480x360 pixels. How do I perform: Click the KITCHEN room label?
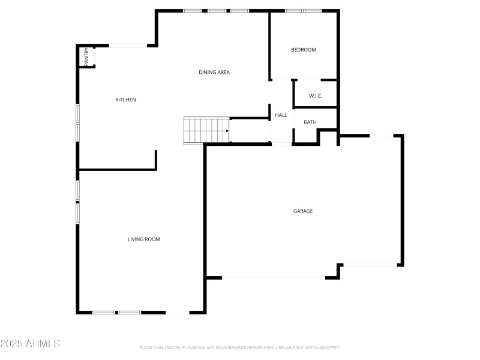click(x=125, y=100)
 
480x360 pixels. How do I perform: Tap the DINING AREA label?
click(x=214, y=73)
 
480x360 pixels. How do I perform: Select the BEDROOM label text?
click(x=303, y=50)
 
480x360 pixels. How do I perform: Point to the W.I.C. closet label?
click(x=316, y=96)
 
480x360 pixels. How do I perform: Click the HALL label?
click(x=281, y=115)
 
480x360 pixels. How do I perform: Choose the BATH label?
click(x=310, y=122)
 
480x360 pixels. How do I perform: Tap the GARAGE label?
click(x=303, y=211)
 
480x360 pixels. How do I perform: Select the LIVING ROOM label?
click(x=143, y=239)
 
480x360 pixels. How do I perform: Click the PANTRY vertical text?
click(x=86, y=56)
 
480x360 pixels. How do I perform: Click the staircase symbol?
click(x=206, y=130)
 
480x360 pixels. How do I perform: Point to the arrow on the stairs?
click(x=227, y=130)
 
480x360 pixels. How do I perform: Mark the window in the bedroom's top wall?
click(x=303, y=11)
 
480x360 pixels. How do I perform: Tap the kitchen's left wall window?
click(x=77, y=122)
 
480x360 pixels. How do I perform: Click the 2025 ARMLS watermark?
click(x=30, y=344)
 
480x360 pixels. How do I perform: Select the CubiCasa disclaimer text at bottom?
click(x=240, y=347)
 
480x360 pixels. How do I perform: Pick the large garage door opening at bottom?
click(x=274, y=277)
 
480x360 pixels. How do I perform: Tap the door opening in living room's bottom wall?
click(x=177, y=313)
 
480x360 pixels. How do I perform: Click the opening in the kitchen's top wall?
click(x=127, y=45)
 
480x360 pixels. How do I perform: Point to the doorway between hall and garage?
click(x=281, y=143)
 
